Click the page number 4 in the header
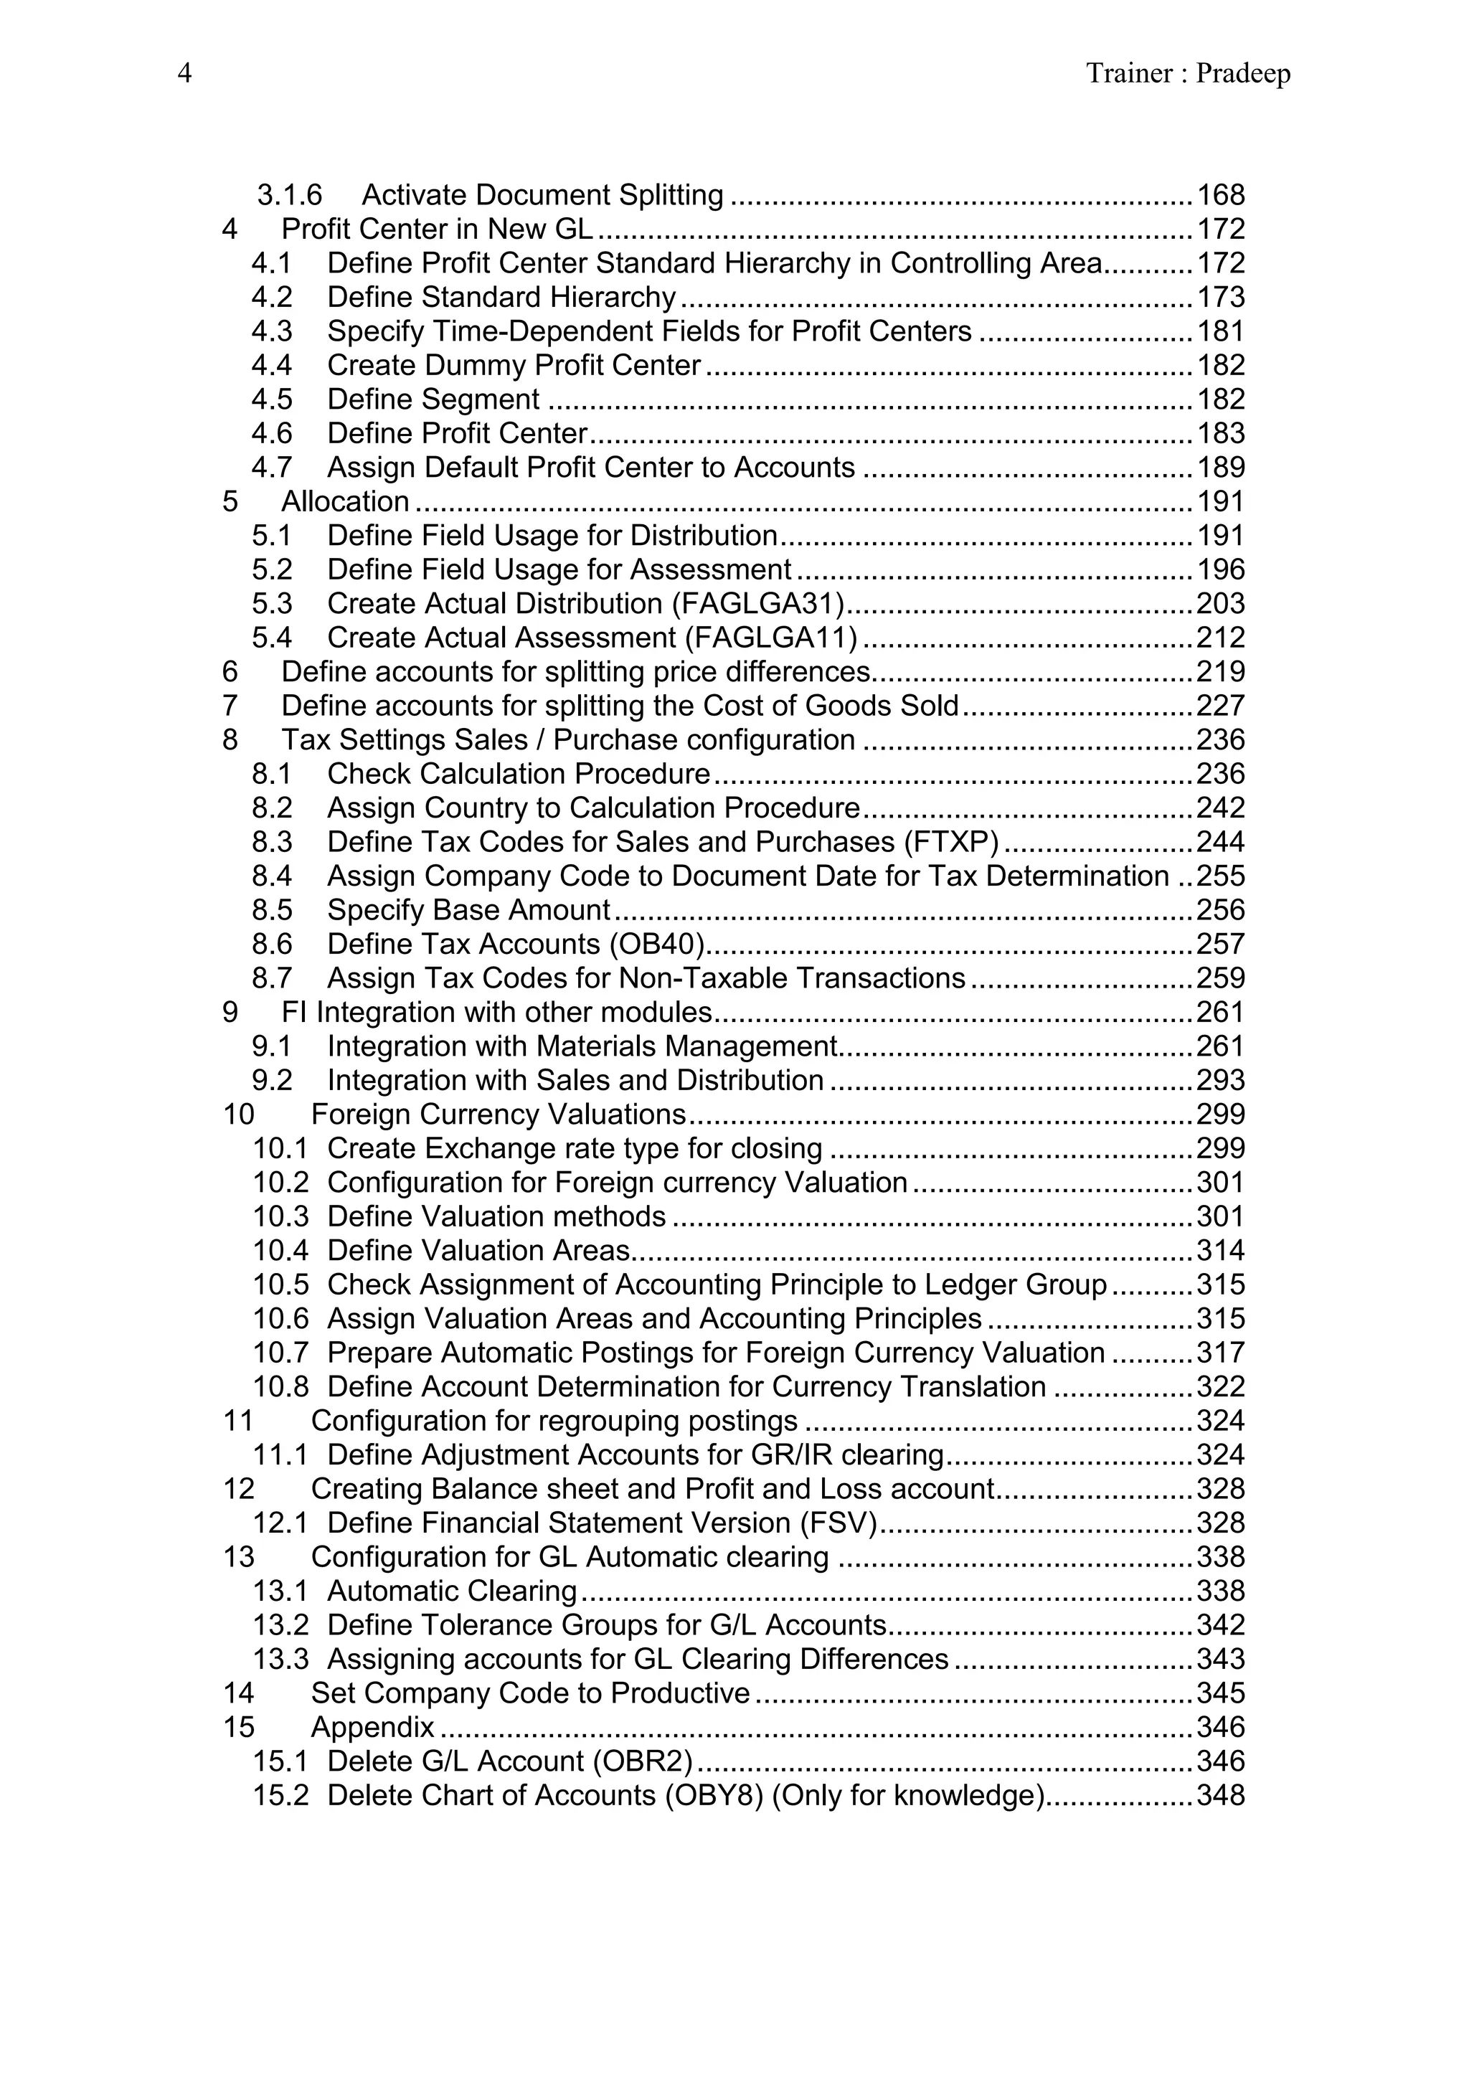(184, 73)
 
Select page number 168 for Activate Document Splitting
(1220, 195)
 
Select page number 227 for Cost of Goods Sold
(1220, 706)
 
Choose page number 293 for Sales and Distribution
(1220, 1081)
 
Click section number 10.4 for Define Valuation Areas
(280, 1251)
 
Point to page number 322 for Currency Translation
(1220, 1387)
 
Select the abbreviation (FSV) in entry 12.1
(839, 1523)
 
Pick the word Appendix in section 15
(373, 1728)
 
